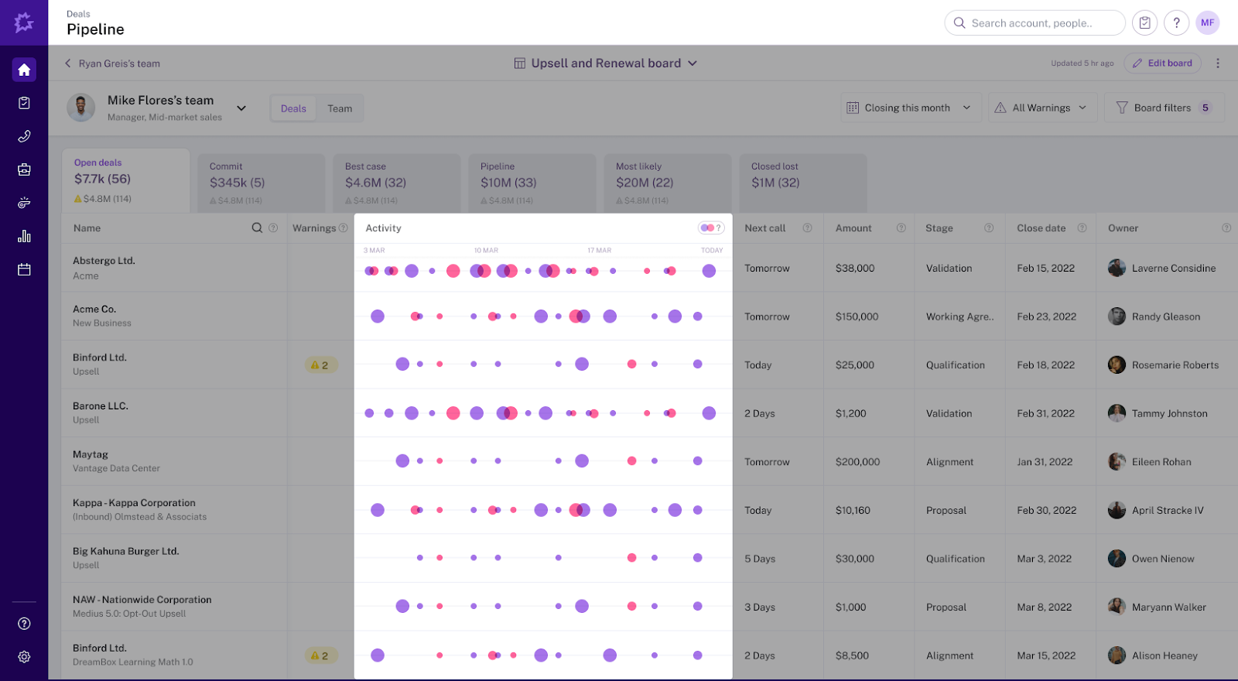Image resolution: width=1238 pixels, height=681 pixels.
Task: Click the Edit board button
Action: [1162, 63]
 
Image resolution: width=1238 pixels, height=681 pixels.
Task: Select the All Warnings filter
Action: [1041, 108]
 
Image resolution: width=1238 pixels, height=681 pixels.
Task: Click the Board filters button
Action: [1163, 108]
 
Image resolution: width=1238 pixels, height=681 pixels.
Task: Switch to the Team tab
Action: [340, 108]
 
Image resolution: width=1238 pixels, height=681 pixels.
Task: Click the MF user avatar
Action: [1207, 22]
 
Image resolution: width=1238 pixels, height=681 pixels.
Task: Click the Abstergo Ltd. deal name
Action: [104, 261]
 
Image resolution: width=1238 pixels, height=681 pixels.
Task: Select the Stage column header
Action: [939, 228]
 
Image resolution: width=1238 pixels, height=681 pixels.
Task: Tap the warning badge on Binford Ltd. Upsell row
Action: [320, 365]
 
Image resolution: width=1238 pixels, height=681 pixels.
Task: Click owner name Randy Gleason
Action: [1165, 317]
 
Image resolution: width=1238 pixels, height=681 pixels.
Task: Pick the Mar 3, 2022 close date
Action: [1044, 559]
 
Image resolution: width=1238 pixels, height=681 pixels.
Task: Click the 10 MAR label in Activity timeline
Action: [486, 251]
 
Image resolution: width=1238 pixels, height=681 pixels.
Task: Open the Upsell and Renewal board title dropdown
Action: [607, 63]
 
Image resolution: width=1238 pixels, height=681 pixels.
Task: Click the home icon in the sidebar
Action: [24, 70]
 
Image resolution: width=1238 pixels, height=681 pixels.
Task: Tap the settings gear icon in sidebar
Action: [24, 657]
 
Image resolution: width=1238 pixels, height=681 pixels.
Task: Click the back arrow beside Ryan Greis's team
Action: [67, 63]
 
